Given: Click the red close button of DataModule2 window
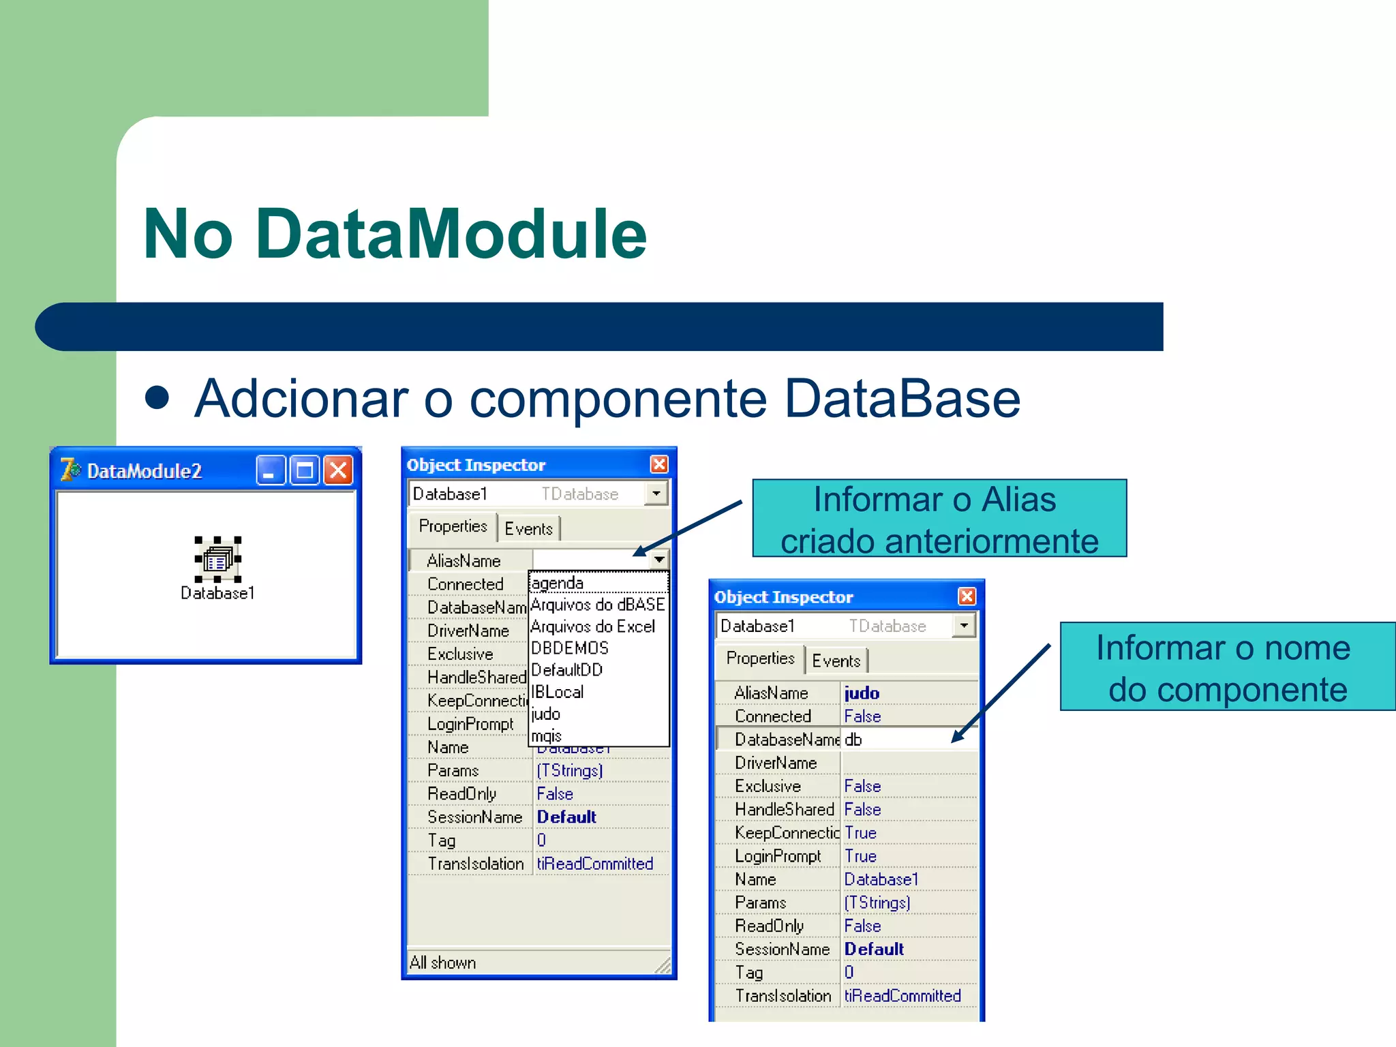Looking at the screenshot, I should coord(338,470).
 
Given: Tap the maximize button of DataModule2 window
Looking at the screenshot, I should coord(304,470).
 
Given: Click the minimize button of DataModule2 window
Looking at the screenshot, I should coord(270,470).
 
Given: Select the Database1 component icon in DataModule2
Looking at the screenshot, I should coord(217,560).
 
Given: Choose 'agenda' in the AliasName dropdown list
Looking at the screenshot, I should coord(558,583).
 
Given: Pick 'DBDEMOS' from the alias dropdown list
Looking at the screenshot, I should coord(570,648).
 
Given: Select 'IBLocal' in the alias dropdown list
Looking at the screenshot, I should coord(558,692).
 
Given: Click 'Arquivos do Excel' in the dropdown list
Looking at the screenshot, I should coord(592,626).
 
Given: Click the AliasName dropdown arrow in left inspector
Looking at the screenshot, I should coord(659,560).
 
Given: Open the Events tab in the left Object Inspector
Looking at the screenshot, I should coord(528,529).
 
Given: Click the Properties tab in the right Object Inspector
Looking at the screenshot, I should coord(760,658).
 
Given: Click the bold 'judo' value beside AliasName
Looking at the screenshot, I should coord(862,693).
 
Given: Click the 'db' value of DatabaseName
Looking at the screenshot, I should coord(853,740).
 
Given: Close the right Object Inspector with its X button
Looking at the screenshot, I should coord(967,596).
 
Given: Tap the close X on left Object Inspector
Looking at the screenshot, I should coord(659,464).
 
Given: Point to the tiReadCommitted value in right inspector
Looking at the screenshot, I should coord(902,996).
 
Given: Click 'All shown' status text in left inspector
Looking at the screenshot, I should coord(443,962).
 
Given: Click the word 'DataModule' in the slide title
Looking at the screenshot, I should coord(451,234).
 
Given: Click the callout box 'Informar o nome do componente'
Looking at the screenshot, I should coord(1227,667).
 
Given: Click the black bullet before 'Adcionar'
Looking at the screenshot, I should coord(157,397).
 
